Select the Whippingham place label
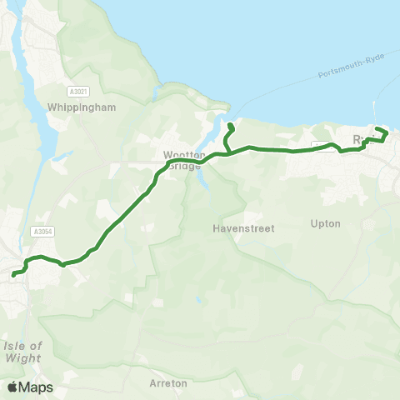coord(82,107)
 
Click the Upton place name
coord(325,224)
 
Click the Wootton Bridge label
coord(182,159)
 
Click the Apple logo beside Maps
coord(12,387)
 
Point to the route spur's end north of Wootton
coord(229,126)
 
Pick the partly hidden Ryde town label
coord(359,139)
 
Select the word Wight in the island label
coord(22,358)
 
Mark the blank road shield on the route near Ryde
coord(322,147)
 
